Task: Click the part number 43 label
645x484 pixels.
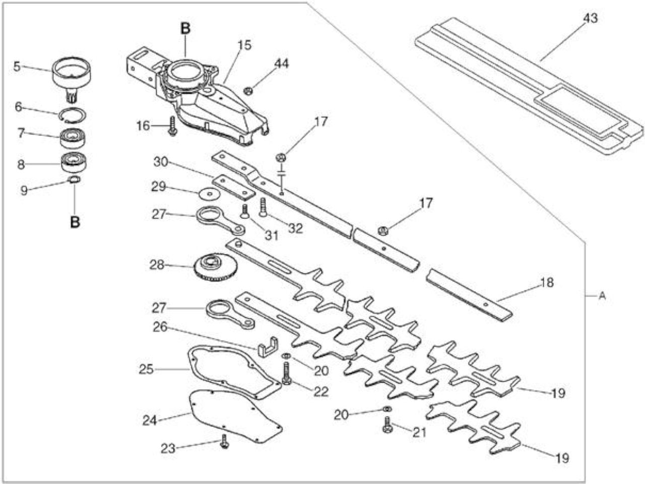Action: (x=591, y=18)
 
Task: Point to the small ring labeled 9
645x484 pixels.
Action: (x=74, y=179)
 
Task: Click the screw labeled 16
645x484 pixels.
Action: (x=172, y=126)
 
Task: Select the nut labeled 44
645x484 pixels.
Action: (x=248, y=91)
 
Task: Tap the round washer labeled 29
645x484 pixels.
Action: (x=209, y=194)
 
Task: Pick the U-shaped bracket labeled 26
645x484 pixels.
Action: (x=268, y=347)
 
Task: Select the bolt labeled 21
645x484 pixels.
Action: (x=388, y=425)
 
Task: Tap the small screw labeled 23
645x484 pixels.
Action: (x=225, y=441)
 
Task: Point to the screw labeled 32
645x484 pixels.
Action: (x=263, y=208)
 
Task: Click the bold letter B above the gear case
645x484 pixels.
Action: (x=185, y=29)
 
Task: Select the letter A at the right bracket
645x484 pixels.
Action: (x=602, y=296)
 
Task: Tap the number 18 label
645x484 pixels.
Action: (x=547, y=282)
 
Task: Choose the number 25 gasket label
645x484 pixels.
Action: (x=146, y=369)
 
